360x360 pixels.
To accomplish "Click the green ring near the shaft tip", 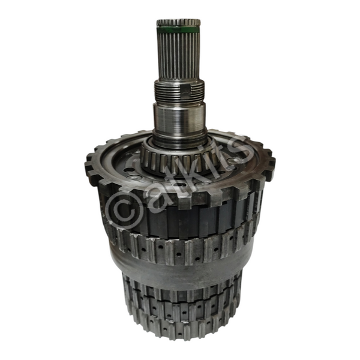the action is tap(179, 30).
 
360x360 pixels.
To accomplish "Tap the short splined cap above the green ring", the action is tap(179, 23).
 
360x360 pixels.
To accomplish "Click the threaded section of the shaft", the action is tap(179, 91).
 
